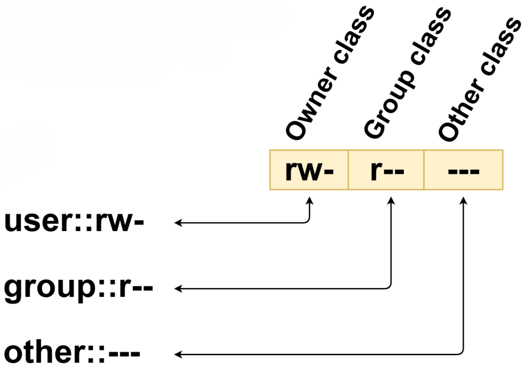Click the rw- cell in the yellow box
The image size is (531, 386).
(309, 170)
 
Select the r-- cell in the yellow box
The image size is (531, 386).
(386, 170)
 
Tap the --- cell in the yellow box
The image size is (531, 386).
(463, 170)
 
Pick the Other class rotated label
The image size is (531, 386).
(479, 81)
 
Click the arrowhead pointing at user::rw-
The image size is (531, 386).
(178, 222)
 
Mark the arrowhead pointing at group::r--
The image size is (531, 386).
(178, 288)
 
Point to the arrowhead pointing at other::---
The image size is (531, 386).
(178, 354)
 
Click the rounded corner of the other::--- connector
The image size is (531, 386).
(462, 352)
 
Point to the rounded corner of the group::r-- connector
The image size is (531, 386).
(390, 287)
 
